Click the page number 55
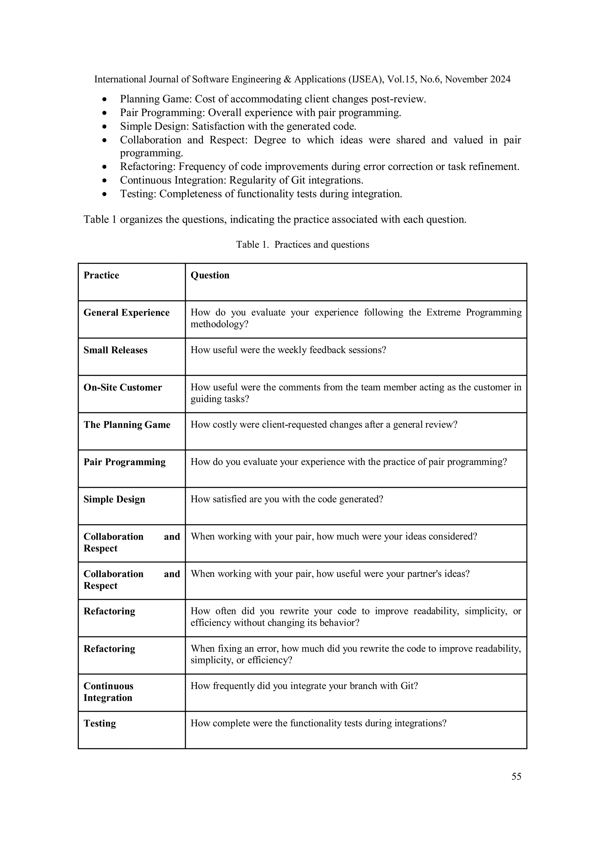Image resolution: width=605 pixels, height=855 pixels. [516, 776]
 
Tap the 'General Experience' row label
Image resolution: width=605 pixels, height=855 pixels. [126, 313]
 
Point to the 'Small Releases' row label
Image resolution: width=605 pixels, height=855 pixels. [115, 350]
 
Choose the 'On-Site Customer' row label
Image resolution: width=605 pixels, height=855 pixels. [123, 387]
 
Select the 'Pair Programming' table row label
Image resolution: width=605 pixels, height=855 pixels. [124, 462]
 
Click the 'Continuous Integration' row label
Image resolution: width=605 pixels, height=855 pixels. [108, 691]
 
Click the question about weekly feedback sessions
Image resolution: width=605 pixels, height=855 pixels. [288, 350]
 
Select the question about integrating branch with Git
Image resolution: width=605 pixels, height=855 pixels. [304, 686]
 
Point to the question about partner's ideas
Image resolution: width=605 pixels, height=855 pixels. [330, 574]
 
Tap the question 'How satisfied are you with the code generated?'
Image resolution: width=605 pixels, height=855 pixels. [287, 499]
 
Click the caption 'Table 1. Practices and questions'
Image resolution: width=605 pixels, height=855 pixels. [302, 245]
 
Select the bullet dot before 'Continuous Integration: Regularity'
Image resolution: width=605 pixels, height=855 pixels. [105, 181]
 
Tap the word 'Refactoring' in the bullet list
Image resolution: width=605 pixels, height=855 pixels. [148, 166]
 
